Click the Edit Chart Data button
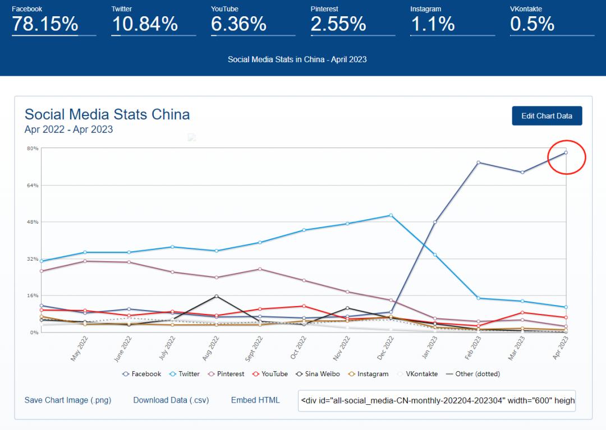547,116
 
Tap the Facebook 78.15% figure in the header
45,24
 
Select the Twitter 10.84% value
145,24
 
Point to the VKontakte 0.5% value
532,24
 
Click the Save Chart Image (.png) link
68,400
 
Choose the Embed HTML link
255,400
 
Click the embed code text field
437,401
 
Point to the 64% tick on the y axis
33,186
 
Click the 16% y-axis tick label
33,296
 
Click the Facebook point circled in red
566,152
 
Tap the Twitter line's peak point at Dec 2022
391,215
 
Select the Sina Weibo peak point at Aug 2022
217,296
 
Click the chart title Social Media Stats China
107,115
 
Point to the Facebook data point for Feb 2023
478,163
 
